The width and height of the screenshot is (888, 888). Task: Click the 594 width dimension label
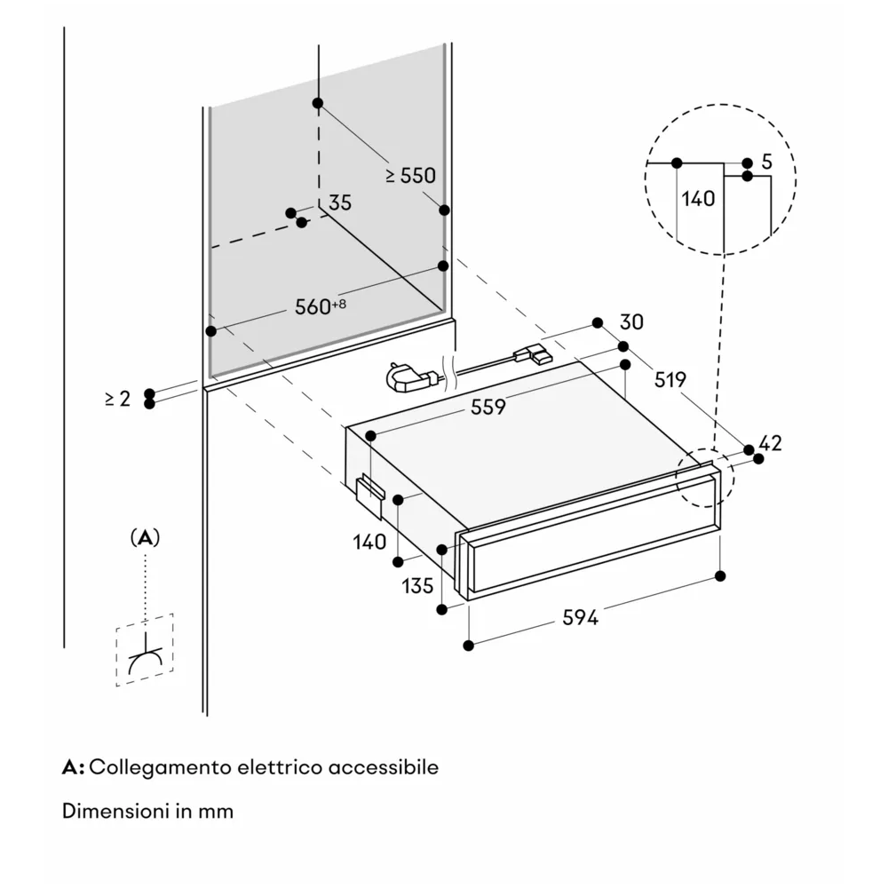click(x=580, y=618)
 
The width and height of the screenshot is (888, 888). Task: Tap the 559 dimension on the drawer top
click(x=488, y=407)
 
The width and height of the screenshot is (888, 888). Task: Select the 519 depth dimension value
click(x=670, y=380)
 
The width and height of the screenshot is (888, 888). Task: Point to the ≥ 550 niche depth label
click(x=410, y=176)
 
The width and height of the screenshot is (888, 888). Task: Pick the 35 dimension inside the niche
click(x=340, y=202)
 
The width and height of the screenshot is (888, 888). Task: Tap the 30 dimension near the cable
click(x=631, y=321)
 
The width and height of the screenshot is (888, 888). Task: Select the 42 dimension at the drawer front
click(x=771, y=443)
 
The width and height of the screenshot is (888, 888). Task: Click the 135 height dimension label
click(x=417, y=586)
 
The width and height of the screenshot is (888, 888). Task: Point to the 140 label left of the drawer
click(x=369, y=542)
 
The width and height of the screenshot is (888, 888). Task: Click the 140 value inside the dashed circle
click(x=698, y=199)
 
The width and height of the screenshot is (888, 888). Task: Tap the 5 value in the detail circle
click(x=767, y=163)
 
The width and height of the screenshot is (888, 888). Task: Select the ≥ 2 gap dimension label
click(x=117, y=400)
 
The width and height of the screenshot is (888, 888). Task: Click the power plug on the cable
click(x=405, y=379)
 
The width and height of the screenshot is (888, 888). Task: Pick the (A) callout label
click(x=145, y=538)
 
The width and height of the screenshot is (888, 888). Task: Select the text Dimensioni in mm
click(x=147, y=811)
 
